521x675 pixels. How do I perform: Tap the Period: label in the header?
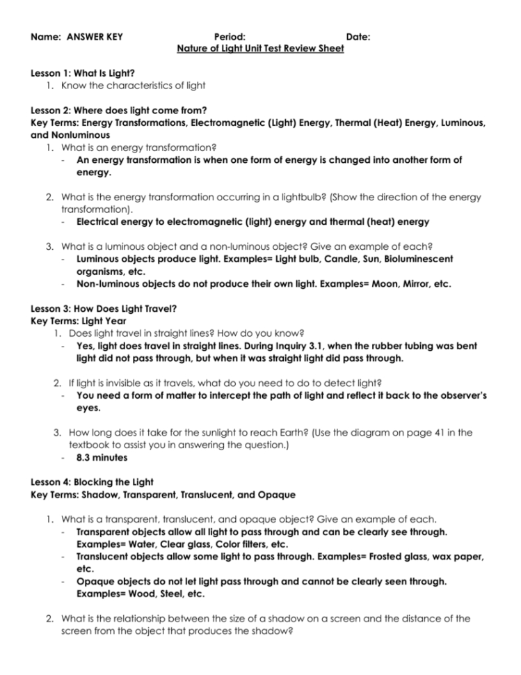(229, 37)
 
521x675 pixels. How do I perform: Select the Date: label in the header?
(358, 37)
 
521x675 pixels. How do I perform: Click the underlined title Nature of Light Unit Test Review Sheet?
(260, 49)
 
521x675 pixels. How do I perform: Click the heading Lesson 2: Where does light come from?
(119, 110)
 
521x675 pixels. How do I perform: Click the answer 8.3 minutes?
(102, 457)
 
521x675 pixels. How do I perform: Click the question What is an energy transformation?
(139, 148)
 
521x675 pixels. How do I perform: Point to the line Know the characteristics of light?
(134, 86)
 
